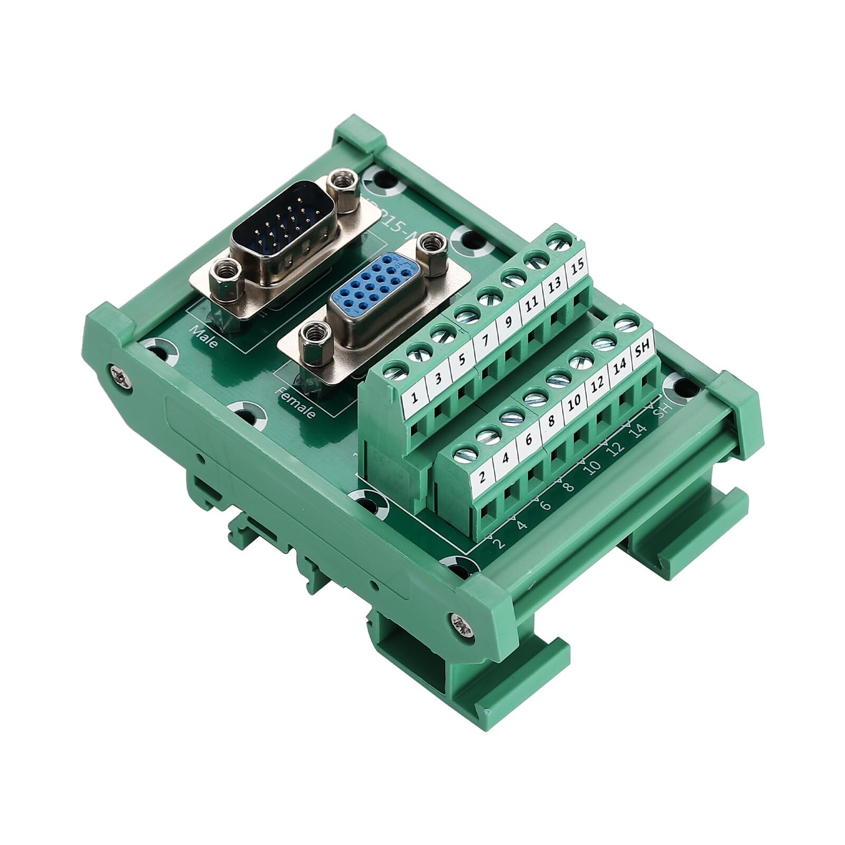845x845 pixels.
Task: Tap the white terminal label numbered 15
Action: tap(577, 267)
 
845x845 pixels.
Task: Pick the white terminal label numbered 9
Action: tap(508, 322)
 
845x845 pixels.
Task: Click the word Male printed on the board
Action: tap(205, 336)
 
